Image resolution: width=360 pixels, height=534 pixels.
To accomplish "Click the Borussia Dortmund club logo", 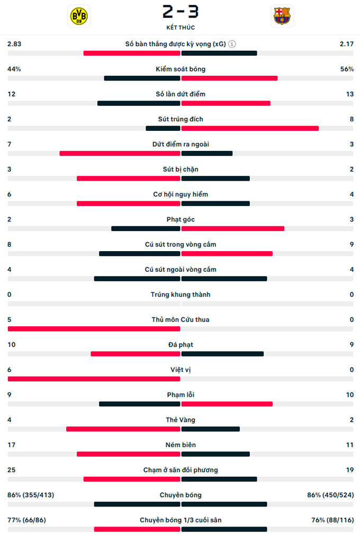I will click(79, 16).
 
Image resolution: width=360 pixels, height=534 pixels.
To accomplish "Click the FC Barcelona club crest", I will click(282, 16).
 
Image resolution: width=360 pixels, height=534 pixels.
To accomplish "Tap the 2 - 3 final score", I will click(181, 11).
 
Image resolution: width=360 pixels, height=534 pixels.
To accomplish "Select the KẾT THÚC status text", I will click(181, 27).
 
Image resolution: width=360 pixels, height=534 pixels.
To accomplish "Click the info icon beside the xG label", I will click(232, 44).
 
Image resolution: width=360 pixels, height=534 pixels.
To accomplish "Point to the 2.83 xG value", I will click(14, 44).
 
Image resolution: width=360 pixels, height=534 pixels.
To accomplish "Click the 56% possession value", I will click(347, 69).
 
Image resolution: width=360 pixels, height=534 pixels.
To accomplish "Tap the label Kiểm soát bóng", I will click(181, 69).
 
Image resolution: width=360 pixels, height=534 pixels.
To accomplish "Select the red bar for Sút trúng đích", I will click(250, 128).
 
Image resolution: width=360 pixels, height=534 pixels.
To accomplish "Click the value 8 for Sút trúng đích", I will click(352, 119).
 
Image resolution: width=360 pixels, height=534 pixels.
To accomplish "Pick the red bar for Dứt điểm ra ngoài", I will click(120, 154).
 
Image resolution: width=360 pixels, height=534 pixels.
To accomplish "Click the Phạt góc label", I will click(181, 219).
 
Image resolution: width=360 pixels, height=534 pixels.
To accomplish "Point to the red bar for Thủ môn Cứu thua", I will click(94, 329).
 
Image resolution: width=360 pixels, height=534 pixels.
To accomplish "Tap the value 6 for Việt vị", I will click(10, 370).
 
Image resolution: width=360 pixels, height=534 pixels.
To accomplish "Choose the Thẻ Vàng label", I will click(181, 420).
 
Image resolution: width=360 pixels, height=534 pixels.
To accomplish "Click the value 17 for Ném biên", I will click(11, 445).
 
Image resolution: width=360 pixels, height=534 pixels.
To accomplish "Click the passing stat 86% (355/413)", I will click(31, 495).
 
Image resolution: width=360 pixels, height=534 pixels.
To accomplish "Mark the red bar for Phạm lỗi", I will click(227, 404).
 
